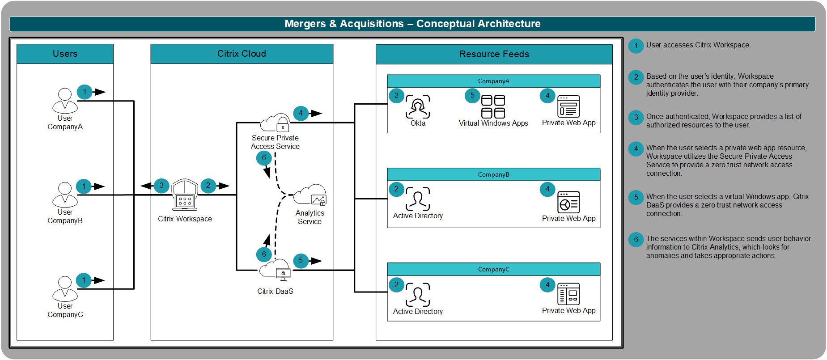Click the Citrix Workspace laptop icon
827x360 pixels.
coord(185,195)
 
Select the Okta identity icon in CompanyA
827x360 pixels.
coord(418,106)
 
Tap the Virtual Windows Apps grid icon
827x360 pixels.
coord(493,106)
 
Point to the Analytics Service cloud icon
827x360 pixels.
coord(311,195)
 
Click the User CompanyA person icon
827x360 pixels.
coord(65,101)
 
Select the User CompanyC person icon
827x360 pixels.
coord(65,288)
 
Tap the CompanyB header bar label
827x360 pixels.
coord(493,174)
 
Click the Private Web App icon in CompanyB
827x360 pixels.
coord(568,202)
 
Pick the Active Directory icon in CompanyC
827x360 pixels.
coord(418,295)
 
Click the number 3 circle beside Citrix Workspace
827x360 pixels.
coord(161,185)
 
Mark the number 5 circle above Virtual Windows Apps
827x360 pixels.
coord(472,96)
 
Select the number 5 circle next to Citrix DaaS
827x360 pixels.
coord(301,261)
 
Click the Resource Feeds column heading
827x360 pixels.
coord(494,54)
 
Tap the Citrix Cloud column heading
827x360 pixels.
coord(242,54)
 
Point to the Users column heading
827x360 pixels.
coord(65,54)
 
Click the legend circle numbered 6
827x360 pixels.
coord(636,240)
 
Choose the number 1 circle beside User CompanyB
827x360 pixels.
coord(84,186)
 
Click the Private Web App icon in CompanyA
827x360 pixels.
coord(568,106)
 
